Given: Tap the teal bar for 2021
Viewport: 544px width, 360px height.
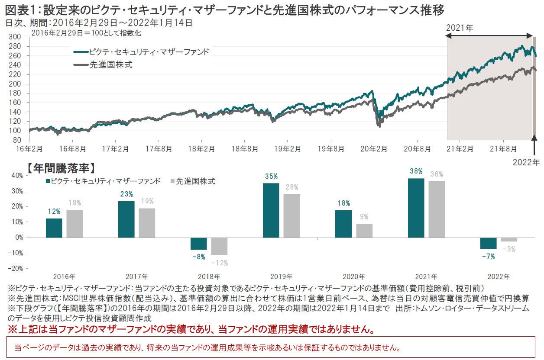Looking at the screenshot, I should point(416,208).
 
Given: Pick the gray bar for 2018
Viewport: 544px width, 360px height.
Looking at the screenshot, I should point(219,246).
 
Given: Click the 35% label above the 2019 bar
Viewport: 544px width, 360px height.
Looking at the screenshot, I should point(271,177).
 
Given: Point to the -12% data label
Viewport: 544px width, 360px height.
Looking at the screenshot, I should point(219,262).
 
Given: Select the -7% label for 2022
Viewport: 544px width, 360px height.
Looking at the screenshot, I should point(488,256).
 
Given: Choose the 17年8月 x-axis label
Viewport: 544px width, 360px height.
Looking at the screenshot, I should point(159,148).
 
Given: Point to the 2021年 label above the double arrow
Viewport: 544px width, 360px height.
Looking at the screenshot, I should point(460,28).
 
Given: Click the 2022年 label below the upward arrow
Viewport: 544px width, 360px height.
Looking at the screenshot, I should point(526,163).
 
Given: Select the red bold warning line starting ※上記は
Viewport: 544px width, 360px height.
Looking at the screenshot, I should point(191,329).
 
